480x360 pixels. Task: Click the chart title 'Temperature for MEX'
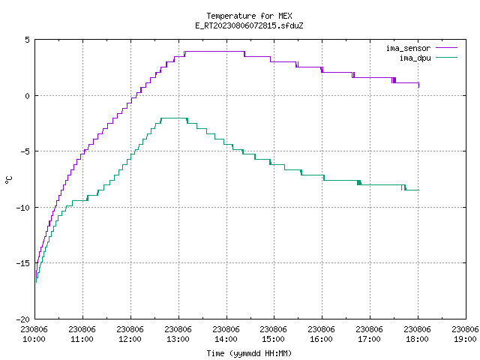tap(249, 16)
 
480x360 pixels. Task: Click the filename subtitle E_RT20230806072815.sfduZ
tap(249, 25)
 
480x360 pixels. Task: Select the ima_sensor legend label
tap(408, 48)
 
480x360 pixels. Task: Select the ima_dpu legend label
tap(415, 58)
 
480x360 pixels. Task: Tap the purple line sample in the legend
tap(446, 48)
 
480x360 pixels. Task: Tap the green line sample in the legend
tap(446, 57)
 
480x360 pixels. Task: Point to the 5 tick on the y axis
tap(28, 40)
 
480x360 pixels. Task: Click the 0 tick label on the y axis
tap(28, 96)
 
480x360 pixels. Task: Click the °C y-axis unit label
tap(8, 180)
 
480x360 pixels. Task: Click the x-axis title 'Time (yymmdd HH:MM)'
tap(249, 353)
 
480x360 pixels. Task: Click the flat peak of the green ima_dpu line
tap(174, 118)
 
